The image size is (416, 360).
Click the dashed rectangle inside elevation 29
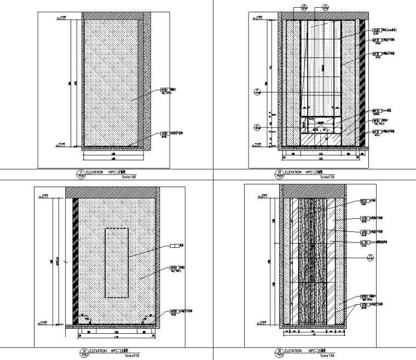117,263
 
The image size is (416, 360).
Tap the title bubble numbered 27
82,174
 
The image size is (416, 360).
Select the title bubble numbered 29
82,352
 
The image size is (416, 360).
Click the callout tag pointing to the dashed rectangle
175,246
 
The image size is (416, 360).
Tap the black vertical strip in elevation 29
74,260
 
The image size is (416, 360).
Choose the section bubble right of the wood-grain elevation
369,257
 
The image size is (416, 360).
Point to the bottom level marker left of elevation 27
61,146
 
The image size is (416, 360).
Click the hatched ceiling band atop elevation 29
112,191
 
